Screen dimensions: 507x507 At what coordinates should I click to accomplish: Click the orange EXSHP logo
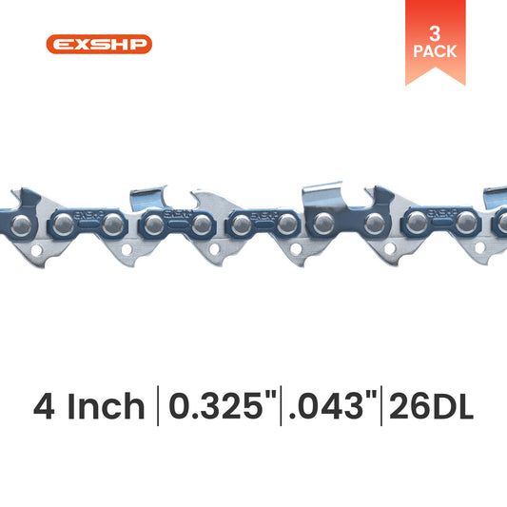coord(98,44)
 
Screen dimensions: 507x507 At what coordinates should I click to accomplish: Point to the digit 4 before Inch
coord(46,409)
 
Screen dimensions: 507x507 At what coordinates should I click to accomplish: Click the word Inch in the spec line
coord(107,409)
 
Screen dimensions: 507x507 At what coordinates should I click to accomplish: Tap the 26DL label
coord(428,409)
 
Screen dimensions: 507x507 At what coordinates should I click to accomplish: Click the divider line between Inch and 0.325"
coord(158,409)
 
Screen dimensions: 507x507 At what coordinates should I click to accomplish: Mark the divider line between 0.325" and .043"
coord(282,409)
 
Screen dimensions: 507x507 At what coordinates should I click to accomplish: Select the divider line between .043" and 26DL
coord(380,409)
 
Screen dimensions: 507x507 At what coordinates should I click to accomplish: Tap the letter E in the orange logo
coord(60,44)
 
